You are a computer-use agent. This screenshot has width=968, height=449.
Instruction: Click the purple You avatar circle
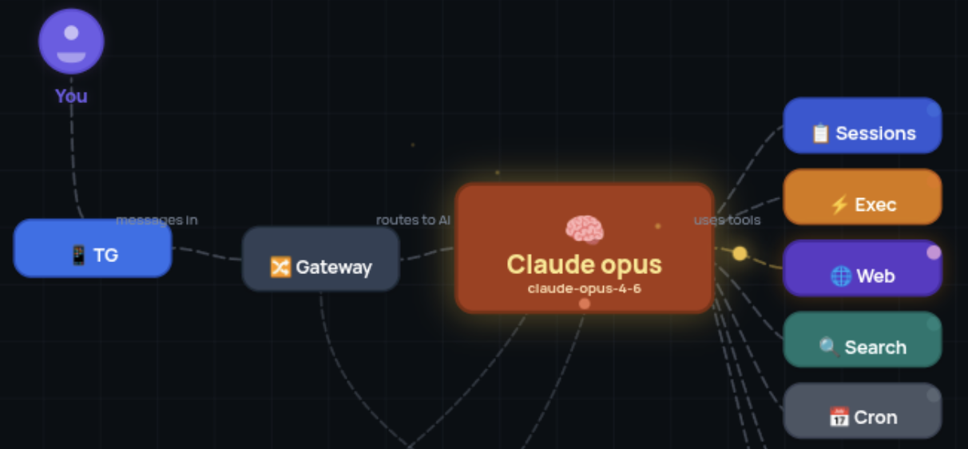(x=71, y=42)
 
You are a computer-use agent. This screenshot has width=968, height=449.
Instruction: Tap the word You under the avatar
(x=71, y=96)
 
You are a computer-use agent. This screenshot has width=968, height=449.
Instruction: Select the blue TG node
(x=93, y=248)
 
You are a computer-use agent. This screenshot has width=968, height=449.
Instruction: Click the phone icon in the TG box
(x=78, y=256)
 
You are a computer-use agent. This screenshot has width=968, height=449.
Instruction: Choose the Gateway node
(x=320, y=259)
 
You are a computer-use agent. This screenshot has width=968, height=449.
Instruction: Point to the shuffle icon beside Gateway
(x=280, y=267)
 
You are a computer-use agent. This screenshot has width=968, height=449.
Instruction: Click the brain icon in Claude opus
(x=584, y=230)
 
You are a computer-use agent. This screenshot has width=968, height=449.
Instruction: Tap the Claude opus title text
(x=584, y=264)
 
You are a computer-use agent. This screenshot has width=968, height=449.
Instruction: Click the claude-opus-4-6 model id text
(x=584, y=288)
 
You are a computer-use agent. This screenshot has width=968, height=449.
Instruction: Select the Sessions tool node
(x=862, y=125)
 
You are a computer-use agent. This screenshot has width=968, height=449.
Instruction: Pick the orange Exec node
(x=862, y=197)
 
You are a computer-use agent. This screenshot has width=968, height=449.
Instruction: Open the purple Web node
(x=862, y=268)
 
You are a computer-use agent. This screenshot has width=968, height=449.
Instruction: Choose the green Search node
(x=862, y=340)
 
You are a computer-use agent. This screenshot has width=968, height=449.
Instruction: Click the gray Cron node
(x=862, y=411)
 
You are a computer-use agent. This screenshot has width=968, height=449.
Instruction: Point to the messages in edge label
(x=157, y=220)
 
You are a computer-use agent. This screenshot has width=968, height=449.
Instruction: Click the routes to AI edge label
(x=414, y=220)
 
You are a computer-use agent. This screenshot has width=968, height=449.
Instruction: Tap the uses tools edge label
(x=727, y=220)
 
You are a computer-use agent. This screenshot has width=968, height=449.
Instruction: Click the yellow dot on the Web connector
(x=740, y=253)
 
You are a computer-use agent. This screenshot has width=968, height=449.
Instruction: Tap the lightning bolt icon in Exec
(x=839, y=205)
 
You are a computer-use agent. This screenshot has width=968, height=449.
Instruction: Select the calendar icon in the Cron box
(x=838, y=417)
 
